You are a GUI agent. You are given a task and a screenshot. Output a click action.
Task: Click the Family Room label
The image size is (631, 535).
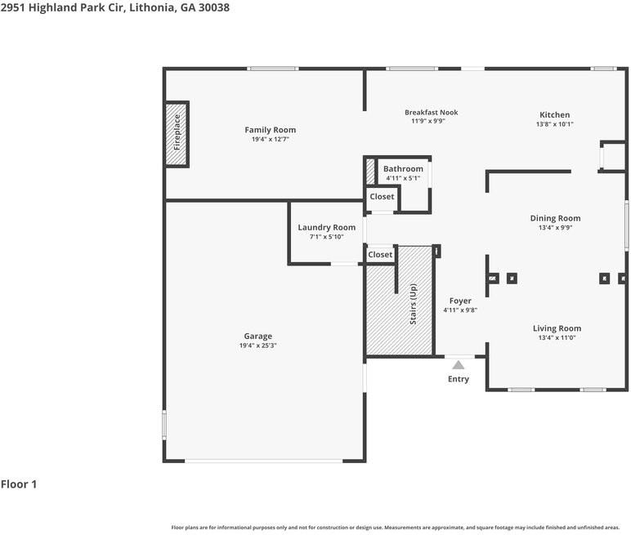270,130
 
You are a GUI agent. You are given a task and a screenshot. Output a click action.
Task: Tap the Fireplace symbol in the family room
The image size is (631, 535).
177,134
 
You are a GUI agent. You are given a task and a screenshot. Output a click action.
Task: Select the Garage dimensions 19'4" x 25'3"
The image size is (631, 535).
257,346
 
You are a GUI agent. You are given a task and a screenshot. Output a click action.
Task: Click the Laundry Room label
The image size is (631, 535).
326,227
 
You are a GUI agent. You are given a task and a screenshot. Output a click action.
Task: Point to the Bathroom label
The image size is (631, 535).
403,169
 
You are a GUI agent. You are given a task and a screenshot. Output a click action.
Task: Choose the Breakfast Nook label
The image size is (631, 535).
431,113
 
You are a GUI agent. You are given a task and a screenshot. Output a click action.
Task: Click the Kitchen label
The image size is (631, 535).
554,115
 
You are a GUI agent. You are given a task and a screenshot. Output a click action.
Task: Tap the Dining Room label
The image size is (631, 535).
555,218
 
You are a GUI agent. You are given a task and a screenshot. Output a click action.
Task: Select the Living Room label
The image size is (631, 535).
559,328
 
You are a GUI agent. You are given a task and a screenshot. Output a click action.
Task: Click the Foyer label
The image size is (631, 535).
460,301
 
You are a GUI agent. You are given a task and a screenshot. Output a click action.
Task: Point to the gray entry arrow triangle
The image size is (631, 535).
459,365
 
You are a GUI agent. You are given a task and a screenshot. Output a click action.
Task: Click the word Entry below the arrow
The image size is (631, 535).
459,379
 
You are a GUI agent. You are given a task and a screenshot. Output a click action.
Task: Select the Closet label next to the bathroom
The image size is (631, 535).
382,197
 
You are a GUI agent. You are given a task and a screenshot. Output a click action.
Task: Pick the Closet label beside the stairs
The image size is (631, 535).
380,255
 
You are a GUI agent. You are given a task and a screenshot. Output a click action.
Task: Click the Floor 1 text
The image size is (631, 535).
19,484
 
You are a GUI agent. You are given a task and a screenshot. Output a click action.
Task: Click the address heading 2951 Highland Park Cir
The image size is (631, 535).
114,7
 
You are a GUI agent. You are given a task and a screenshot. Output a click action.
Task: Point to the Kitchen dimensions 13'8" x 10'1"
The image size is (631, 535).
554,124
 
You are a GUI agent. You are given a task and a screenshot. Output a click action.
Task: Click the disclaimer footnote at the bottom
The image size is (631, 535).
396,528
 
